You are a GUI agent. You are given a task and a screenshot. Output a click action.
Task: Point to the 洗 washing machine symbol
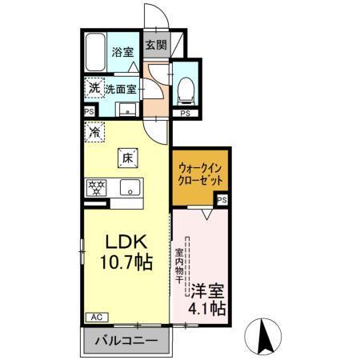coord(94,87)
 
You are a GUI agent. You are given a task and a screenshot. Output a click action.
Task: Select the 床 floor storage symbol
coord(126,158)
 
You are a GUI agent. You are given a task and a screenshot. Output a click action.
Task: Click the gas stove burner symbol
coord(97,189)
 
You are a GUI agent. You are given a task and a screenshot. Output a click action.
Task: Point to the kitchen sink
coord(128,190)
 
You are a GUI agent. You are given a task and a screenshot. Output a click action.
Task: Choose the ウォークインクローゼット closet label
coord(199,175)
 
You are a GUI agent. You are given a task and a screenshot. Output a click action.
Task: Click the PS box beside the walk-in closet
coord(221,200)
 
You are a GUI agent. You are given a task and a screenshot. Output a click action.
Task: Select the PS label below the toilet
coord(185,114)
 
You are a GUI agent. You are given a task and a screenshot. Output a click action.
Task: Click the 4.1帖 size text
coord(207,307)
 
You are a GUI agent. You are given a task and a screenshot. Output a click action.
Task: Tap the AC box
coord(94,317)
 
